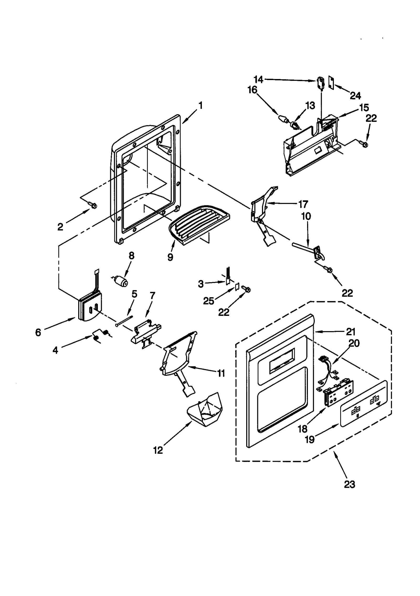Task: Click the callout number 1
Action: (201, 106)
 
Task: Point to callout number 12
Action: (158, 450)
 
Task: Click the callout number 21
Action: (351, 332)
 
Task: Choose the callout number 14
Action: (258, 80)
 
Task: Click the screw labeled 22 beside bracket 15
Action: (364, 143)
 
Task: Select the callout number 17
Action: (303, 204)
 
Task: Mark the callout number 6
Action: (38, 333)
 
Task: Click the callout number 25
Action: (208, 301)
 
